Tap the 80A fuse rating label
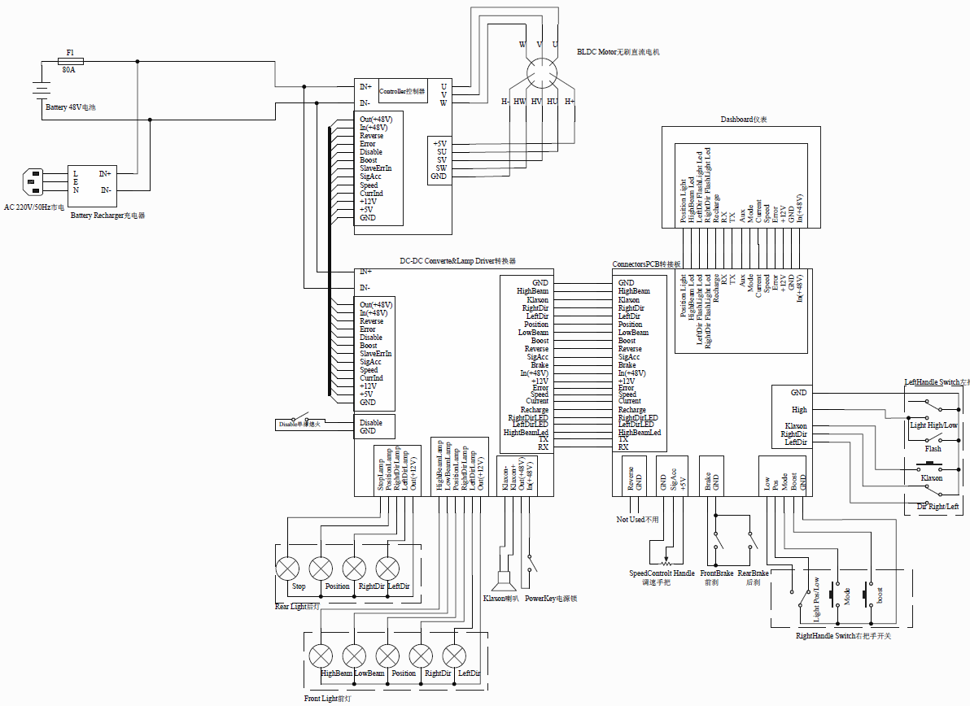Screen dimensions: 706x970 (x=68, y=71)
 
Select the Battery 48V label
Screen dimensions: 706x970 (x=76, y=107)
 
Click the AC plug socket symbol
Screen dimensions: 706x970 (x=35, y=181)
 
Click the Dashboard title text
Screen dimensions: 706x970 (x=744, y=120)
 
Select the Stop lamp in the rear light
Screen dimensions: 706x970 (x=288, y=568)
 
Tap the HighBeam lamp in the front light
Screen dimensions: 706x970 (x=321, y=656)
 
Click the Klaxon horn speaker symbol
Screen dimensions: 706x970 (x=502, y=580)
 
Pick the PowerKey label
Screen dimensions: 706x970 (x=550, y=599)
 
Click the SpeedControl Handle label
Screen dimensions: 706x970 (x=662, y=573)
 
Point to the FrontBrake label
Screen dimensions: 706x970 (x=717, y=573)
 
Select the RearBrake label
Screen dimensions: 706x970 (x=754, y=573)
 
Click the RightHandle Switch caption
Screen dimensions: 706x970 (x=843, y=636)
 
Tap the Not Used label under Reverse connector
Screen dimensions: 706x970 (x=638, y=519)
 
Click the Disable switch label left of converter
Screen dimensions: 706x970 (x=299, y=424)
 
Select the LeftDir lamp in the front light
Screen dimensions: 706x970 (x=453, y=656)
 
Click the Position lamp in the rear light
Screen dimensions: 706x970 (x=321, y=568)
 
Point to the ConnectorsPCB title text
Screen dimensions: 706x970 (x=646, y=264)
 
